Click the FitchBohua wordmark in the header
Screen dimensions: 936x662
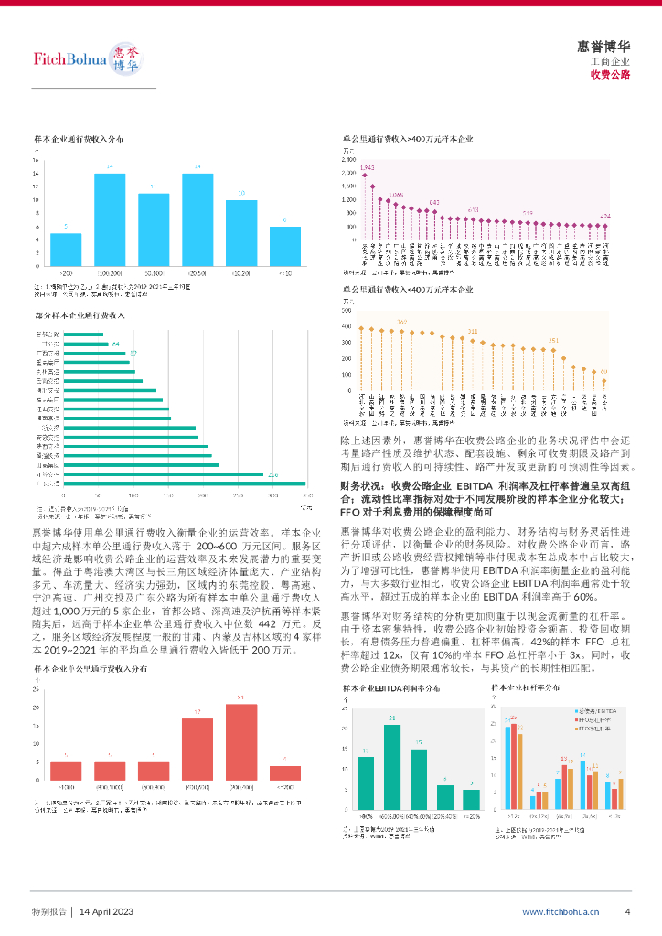[x=69, y=60]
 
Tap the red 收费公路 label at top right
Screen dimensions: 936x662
[x=610, y=75]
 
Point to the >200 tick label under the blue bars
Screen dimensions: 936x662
[x=66, y=273]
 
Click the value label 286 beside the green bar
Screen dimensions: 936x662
[x=272, y=474]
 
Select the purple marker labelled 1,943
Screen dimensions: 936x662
[x=367, y=176]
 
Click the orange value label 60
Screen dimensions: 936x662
[x=603, y=371]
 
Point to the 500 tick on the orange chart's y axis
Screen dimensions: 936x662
[x=347, y=311]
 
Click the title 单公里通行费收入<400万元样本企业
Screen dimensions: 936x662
[x=408, y=290]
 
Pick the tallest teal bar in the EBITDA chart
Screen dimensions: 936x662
[x=392, y=768]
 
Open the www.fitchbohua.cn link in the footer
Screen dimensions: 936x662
[x=561, y=911]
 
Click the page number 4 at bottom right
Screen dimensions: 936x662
[x=627, y=911]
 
